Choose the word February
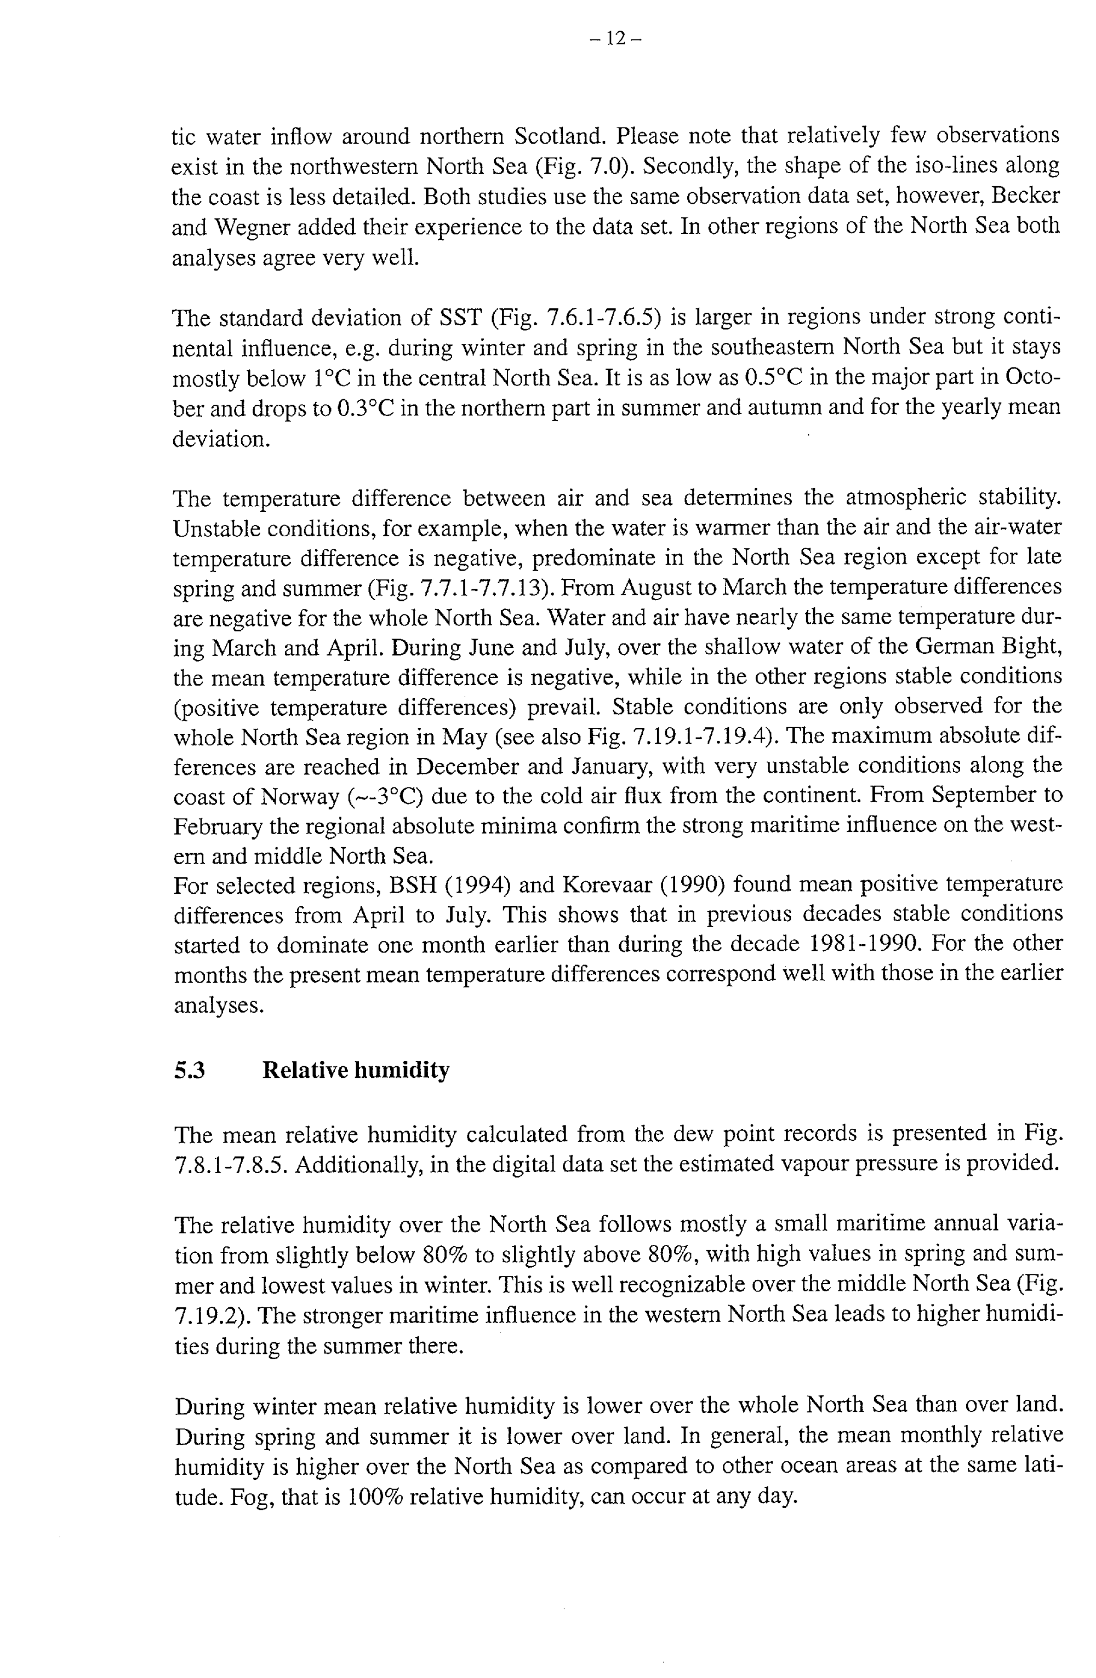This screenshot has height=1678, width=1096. [x=218, y=826]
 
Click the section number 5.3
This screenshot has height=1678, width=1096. [x=189, y=1070]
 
